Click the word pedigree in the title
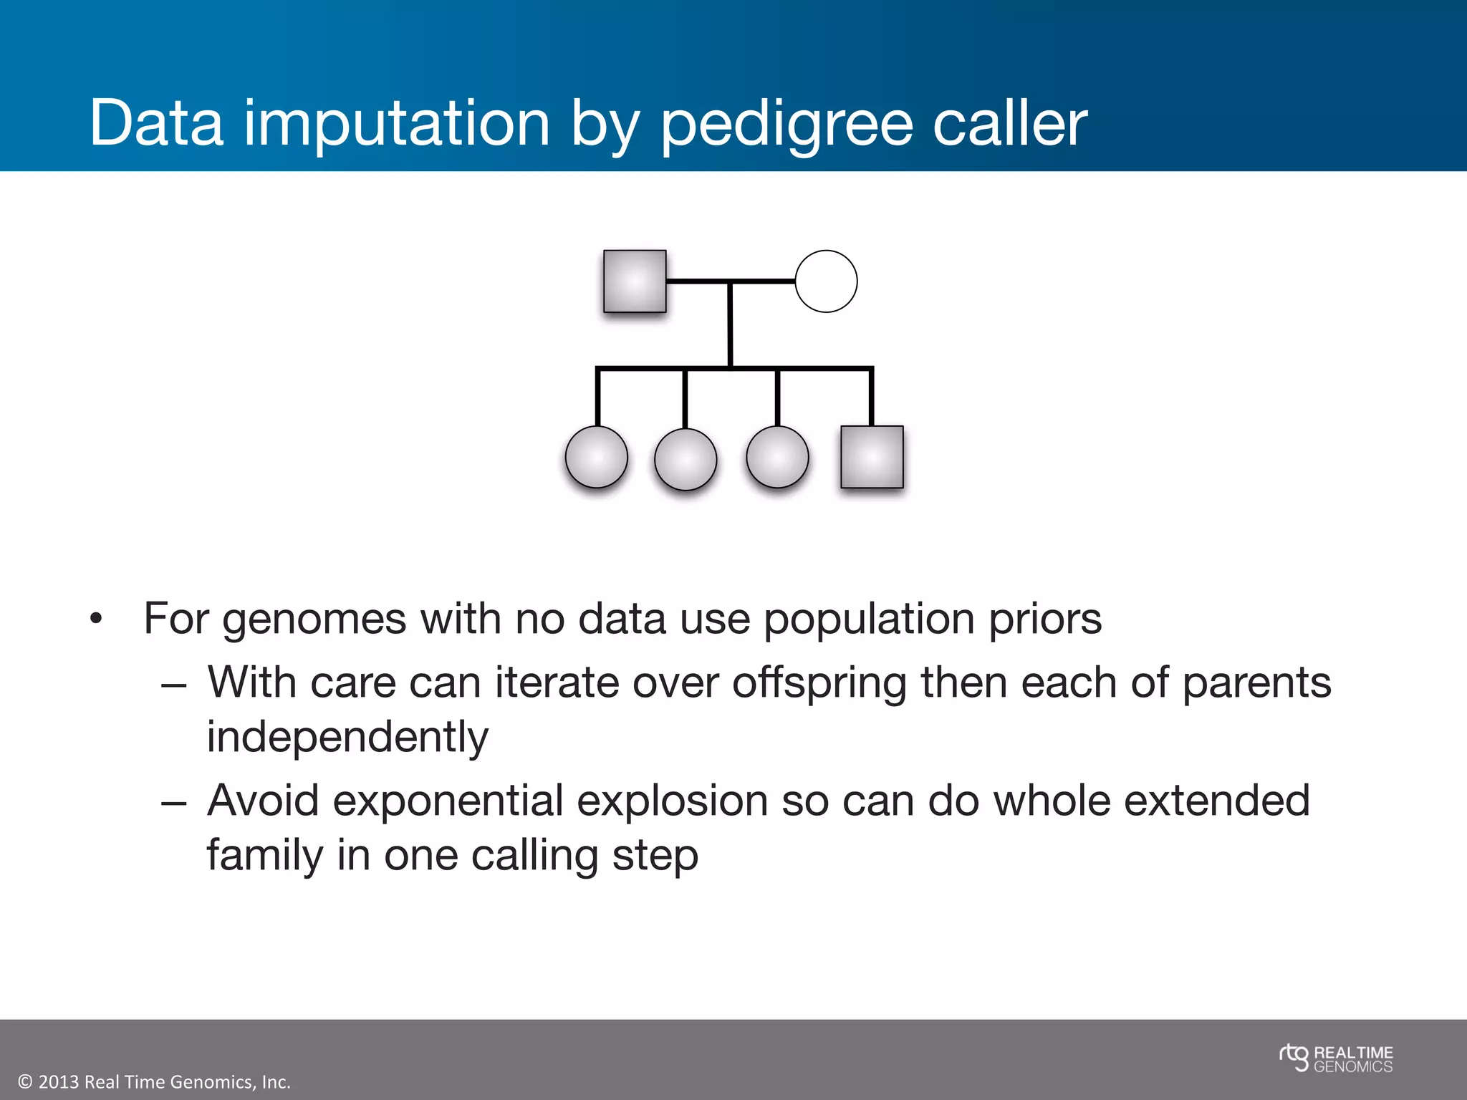tap(786, 125)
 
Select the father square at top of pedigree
tap(635, 281)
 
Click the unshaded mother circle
tap(826, 281)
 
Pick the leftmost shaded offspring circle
tap(596, 457)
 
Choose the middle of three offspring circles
tap(686, 459)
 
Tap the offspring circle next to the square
tap(777, 457)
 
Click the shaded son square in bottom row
tap(872, 457)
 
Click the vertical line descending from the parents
tap(730, 326)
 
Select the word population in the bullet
tap(868, 619)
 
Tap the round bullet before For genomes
tap(97, 619)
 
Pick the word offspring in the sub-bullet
tap(819, 684)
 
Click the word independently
tap(347, 738)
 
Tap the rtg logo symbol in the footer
tap(1294, 1058)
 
